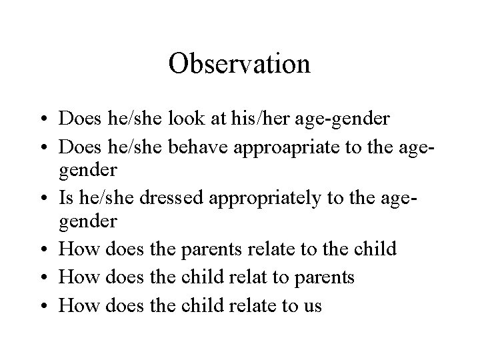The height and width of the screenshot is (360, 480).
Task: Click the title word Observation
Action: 239,64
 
